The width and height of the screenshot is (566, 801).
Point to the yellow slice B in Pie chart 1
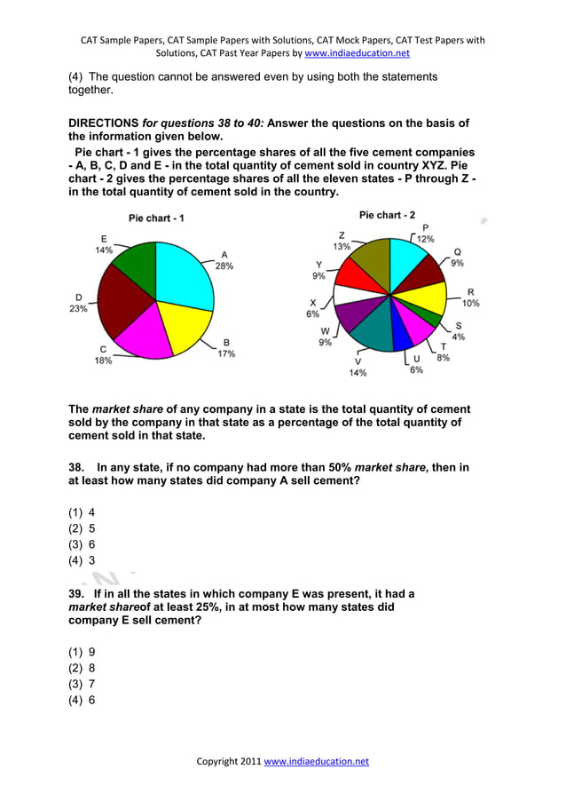[187, 325]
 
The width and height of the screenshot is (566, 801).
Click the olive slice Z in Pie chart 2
[369, 262]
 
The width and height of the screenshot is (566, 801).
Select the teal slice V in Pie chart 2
[371, 329]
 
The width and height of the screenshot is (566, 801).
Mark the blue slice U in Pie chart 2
[401, 337]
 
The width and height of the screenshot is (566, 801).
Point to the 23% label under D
[79, 309]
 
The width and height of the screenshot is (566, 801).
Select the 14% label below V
[358, 373]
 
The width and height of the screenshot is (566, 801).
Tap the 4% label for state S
[458, 337]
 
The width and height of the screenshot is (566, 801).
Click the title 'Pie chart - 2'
[387, 215]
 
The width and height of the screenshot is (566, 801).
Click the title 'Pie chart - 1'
[156, 218]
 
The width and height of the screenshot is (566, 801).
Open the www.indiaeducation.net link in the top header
[357, 53]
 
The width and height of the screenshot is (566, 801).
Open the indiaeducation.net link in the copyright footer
[316, 761]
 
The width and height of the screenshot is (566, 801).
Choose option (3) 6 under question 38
[82, 544]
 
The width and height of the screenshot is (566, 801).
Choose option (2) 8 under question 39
[82, 668]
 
